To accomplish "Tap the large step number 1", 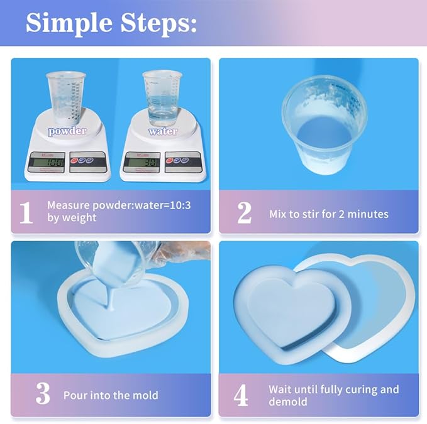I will (26, 213).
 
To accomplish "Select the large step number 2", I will (244, 214).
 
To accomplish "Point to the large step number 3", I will (42, 394).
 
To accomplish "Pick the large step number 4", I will (241, 395).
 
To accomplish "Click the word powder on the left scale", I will (67, 131).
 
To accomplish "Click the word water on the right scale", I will (162, 131).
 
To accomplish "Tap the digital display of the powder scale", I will (48, 161).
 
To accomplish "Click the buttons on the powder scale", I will (87, 161).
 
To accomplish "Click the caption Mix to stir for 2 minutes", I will (328, 214).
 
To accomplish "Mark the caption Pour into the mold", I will (111, 396).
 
